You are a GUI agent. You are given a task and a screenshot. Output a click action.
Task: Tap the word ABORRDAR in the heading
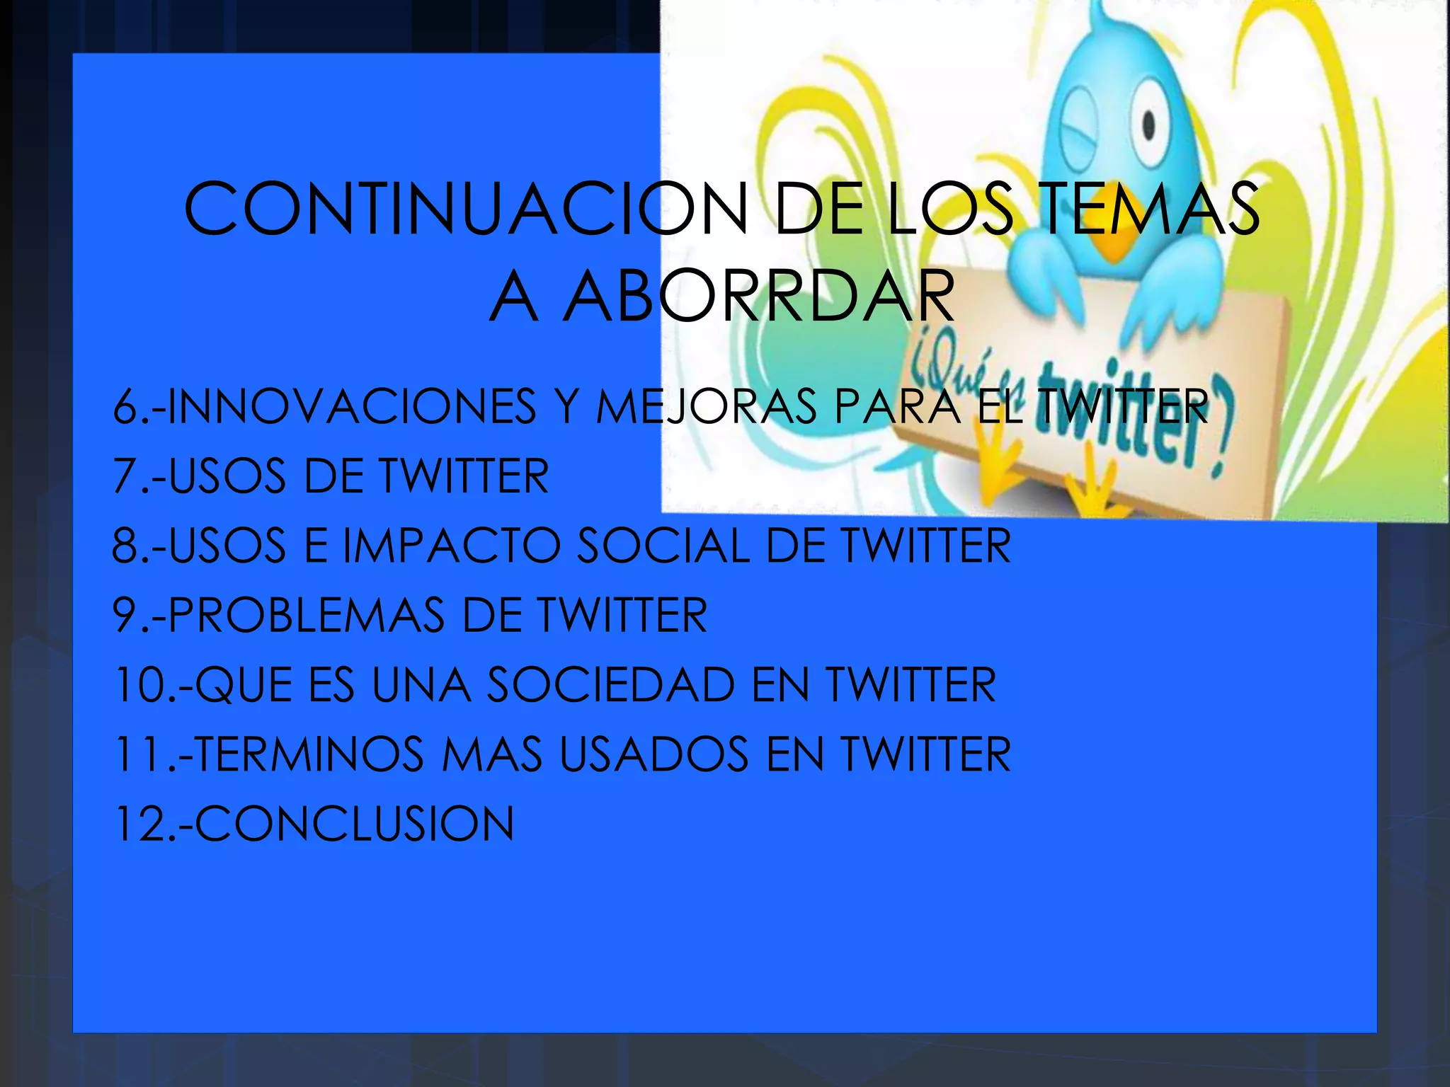pos(758,297)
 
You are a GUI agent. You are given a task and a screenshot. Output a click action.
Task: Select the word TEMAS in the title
pos(1151,209)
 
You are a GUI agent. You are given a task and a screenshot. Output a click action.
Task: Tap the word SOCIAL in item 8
pos(663,545)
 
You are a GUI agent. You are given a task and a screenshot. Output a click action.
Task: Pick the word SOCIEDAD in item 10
pos(612,684)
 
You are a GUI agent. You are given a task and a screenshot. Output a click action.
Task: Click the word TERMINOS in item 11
pos(309,754)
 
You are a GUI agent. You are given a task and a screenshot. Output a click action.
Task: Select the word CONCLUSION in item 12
pos(354,823)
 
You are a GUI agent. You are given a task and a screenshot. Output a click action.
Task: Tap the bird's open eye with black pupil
pos(1148,127)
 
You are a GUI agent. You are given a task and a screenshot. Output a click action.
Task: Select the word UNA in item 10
pos(421,684)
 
